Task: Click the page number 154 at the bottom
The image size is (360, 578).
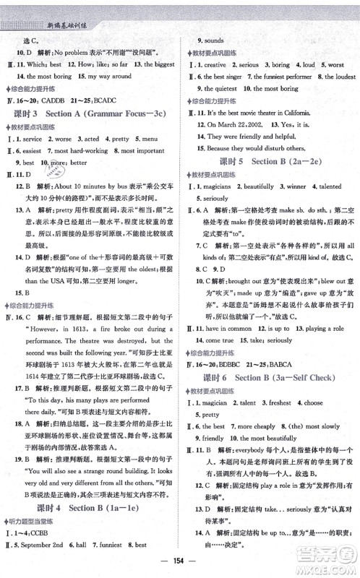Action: pyautogui.click(x=180, y=564)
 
